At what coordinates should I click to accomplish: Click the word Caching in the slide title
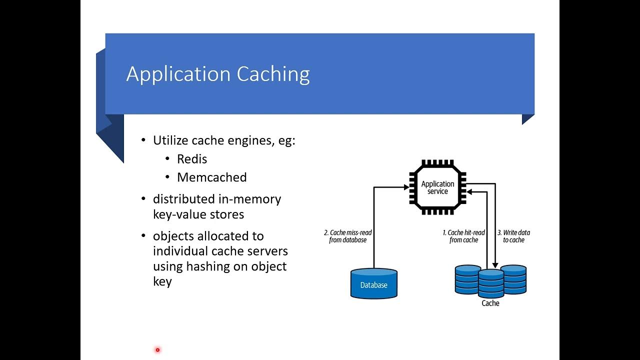click(x=273, y=74)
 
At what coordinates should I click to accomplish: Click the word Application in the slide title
click(x=178, y=74)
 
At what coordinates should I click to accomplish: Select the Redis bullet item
click(x=192, y=159)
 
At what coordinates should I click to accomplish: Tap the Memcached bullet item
click(x=211, y=177)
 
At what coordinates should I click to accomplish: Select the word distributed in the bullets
click(x=183, y=199)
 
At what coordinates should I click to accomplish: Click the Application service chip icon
click(x=437, y=187)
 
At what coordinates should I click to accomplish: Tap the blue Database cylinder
click(x=374, y=283)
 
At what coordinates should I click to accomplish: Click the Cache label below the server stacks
click(x=490, y=303)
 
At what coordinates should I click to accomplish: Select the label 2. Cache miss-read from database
click(x=348, y=236)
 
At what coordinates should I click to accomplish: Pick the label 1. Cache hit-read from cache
click(x=463, y=236)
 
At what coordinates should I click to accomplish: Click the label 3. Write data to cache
click(x=513, y=236)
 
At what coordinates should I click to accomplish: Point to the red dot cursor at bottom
click(x=157, y=350)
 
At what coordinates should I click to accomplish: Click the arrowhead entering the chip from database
click(x=406, y=187)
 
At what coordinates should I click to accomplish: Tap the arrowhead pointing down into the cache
click(x=495, y=265)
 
